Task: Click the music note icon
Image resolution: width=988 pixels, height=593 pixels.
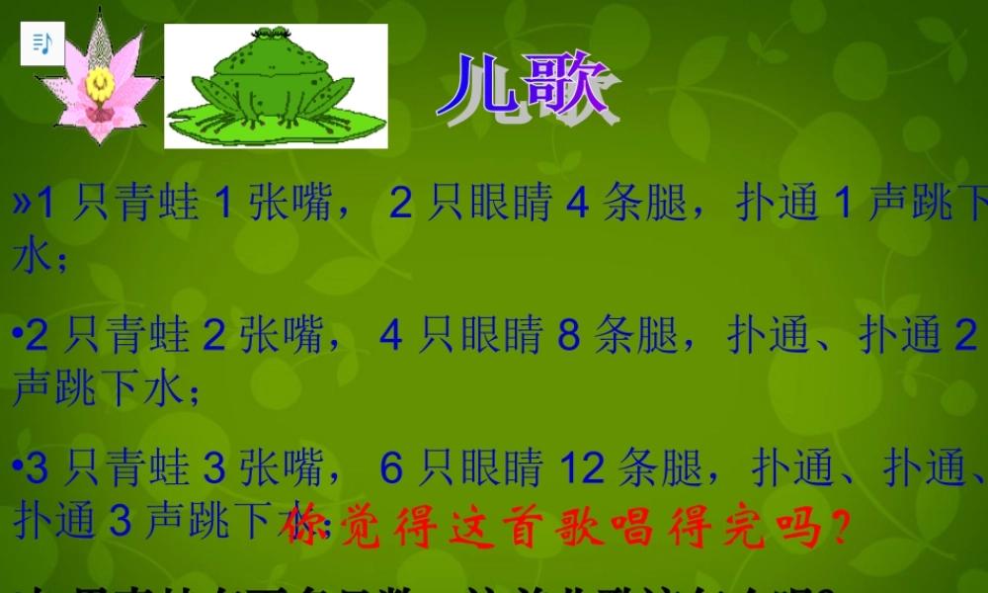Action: [x=41, y=43]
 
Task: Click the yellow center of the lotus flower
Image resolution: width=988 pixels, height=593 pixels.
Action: [x=97, y=83]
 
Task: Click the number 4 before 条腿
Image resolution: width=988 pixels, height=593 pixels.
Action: [x=577, y=205]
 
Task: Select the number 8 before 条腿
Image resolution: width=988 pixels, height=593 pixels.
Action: [x=568, y=337]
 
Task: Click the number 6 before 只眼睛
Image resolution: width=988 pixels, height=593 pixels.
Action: [x=391, y=468]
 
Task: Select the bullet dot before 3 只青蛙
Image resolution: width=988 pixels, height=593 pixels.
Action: [x=18, y=469]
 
